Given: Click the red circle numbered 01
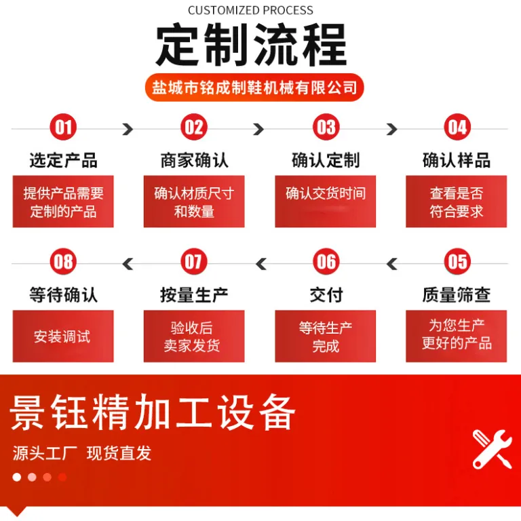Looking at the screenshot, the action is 63,127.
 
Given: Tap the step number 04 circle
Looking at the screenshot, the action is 457,127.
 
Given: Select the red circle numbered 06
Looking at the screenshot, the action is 326,261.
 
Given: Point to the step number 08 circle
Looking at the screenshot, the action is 63,261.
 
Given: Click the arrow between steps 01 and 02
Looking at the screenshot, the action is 128,129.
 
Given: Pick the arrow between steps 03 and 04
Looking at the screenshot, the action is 391,129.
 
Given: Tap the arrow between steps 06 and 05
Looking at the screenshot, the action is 392,264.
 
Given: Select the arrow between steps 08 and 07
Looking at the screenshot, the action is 128,264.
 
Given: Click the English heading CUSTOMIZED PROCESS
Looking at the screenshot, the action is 250,11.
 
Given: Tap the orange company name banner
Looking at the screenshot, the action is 254,88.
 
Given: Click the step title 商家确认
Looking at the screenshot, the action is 195,160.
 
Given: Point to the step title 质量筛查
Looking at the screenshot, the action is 457,294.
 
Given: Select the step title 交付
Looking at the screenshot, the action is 326,294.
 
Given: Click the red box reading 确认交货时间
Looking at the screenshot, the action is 326,201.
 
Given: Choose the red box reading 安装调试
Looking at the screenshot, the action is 63,336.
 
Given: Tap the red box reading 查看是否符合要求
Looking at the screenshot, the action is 456,201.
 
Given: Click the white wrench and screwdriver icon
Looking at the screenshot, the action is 492,449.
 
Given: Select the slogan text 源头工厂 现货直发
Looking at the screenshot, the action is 81,453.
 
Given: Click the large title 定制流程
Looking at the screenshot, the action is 251,45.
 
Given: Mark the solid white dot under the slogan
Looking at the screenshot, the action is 16,477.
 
